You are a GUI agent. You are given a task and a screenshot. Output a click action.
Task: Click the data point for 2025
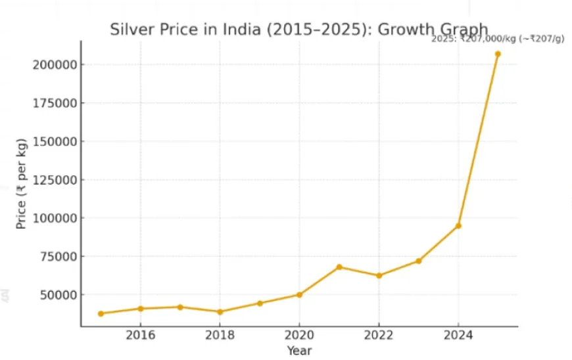pos(498,54)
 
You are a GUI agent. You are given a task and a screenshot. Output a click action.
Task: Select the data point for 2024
pos(458,225)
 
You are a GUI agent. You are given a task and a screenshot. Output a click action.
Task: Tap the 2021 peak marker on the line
pos(339,267)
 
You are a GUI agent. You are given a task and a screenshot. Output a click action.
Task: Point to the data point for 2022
pos(379,275)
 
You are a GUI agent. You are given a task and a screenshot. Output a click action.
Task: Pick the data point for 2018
pos(220,311)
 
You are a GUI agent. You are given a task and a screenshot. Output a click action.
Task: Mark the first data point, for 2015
pos(101,313)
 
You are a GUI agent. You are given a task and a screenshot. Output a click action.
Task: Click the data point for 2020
pos(299,294)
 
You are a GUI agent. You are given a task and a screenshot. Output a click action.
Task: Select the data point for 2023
pos(418,261)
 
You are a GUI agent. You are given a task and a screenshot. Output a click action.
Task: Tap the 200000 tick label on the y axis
pos(51,65)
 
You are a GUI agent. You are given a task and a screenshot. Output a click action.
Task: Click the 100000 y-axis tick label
pos(51,218)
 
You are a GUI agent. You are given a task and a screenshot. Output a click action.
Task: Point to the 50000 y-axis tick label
pos(54,294)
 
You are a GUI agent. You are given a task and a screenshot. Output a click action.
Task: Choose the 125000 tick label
pos(51,180)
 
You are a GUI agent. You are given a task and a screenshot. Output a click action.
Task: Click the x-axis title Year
pos(299,351)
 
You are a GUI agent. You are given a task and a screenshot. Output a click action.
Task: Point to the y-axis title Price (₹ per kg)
pos(22,184)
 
